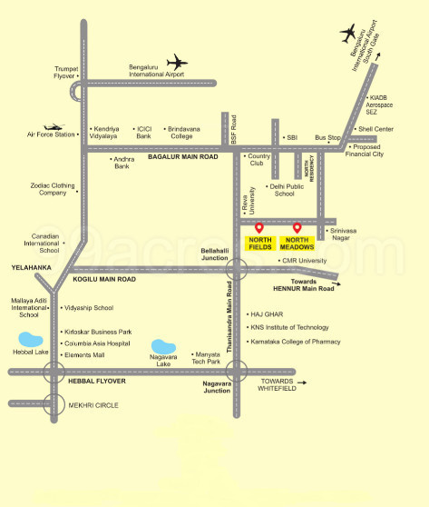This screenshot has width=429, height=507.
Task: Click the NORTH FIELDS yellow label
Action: (x=260, y=244)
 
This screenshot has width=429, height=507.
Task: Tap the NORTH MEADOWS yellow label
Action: (x=297, y=244)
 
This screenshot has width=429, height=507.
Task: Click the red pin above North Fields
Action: (x=259, y=227)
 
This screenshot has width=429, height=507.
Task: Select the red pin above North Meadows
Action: (x=297, y=227)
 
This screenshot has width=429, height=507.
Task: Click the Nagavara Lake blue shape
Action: (x=164, y=347)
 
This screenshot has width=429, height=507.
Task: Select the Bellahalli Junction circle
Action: (x=237, y=268)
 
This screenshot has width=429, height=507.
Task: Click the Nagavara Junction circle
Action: (x=237, y=371)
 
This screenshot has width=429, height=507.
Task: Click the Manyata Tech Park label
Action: (x=208, y=358)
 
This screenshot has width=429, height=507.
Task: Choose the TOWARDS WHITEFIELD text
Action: (x=279, y=384)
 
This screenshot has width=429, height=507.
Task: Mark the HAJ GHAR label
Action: (x=267, y=314)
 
